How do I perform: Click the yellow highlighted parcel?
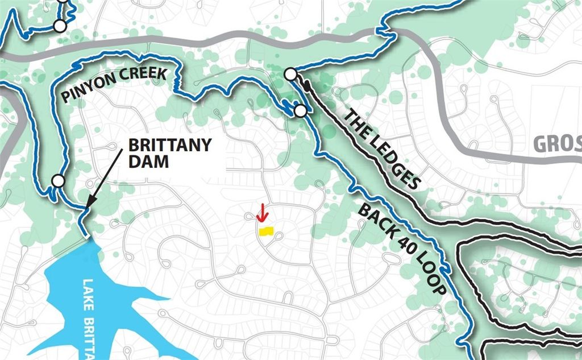(266, 231)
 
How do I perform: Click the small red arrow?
(261, 213)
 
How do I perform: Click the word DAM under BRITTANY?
(148, 162)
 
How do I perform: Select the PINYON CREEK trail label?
(114, 85)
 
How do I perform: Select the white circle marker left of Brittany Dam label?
(57, 181)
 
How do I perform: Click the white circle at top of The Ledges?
(290, 74)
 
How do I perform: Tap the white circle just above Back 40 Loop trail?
(300, 110)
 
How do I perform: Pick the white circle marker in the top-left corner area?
(59, 26)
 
